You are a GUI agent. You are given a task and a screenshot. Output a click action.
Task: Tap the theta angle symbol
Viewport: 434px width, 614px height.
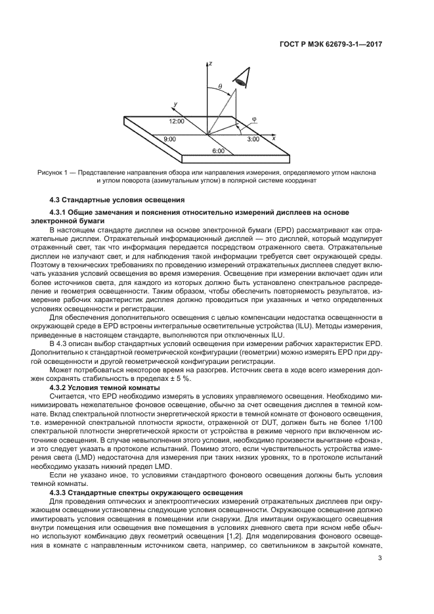(220, 86)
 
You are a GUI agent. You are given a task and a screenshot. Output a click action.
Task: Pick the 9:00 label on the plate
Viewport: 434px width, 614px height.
(170, 139)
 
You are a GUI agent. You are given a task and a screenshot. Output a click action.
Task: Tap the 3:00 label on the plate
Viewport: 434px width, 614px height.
(253, 139)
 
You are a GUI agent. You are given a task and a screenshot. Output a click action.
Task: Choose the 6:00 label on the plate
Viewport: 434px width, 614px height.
(218, 151)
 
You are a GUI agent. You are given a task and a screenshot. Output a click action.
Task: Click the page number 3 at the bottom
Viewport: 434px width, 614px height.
(381, 559)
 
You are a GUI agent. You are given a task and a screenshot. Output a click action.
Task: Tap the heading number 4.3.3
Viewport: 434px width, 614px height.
(62, 492)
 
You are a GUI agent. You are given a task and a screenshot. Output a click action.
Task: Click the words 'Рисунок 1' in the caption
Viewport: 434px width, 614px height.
(53, 172)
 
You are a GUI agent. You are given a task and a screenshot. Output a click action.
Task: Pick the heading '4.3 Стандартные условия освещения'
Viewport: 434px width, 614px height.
(117, 199)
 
